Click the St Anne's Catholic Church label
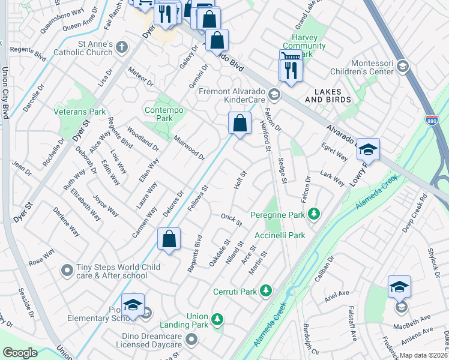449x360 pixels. pyautogui.click(x=88, y=49)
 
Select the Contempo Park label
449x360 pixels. pyautogui.click(x=159, y=114)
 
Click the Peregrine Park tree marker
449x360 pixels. pyautogui.click(x=313, y=213)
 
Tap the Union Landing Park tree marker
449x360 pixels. pyautogui.click(x=217, y=318)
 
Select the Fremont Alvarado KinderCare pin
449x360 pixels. pyautogui.click(x=274, y=94)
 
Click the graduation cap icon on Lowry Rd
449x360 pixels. pyautogui.click(x=368, y=150)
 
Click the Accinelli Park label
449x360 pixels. pyautogui.click(x=280, y=235)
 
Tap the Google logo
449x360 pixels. pyautogui.click(x=20, y=353)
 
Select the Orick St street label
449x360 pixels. pyautogui.click(x=231, y=220)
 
